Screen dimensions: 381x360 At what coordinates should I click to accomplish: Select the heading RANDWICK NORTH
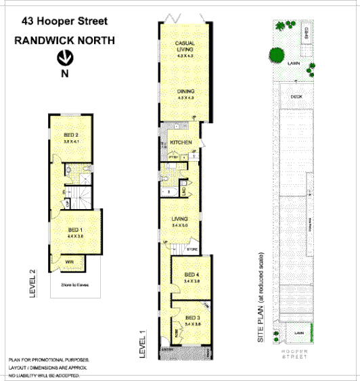point(65,41)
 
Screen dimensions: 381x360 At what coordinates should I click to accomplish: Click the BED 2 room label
point(72,135)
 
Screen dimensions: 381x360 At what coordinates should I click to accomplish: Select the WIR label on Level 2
point(70,261)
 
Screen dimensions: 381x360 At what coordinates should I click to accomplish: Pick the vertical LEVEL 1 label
point(143,343)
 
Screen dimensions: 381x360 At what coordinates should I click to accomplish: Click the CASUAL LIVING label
point(185,47)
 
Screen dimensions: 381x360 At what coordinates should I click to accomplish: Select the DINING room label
point(185,91)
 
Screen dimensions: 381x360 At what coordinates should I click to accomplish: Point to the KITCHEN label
point(181,142)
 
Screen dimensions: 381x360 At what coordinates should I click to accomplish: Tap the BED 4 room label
point(192,274)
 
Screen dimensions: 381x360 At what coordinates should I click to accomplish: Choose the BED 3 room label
point(192,317)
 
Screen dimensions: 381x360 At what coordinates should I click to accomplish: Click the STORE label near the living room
point(192,250)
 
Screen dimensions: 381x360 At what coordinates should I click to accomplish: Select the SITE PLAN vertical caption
point(261,300)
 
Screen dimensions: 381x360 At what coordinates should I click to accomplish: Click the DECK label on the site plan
point(296,96)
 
